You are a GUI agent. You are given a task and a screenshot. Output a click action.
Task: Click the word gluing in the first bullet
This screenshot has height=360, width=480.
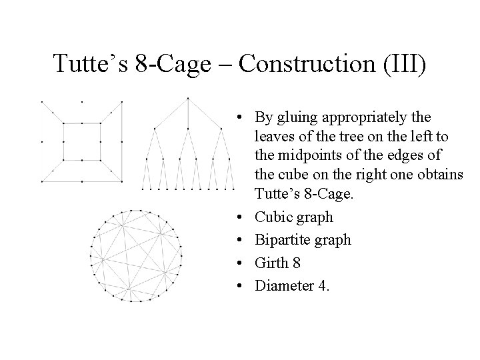296,118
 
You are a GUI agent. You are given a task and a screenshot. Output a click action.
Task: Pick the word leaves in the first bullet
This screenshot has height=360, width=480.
273,137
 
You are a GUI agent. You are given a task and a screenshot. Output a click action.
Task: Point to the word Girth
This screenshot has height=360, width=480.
271,263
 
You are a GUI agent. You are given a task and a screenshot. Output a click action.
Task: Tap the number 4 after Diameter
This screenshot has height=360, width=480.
323,285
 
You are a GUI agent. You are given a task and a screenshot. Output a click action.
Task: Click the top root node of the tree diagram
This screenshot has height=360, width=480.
188,99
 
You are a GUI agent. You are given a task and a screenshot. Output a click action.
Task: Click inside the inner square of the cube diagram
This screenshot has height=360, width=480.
81,141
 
